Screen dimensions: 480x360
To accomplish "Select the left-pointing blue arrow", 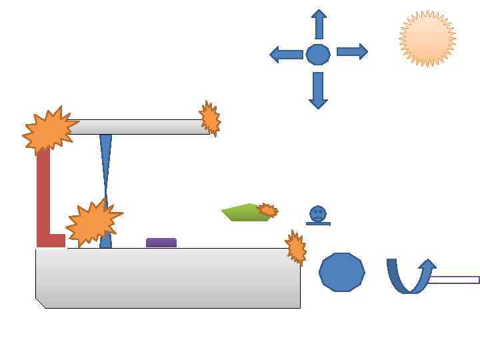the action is pyautogui.click(x=286, y=55).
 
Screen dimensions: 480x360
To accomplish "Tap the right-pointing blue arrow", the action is pyautogui.click(x=352, y=52).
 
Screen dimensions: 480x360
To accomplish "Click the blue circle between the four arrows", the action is pyautogui.click(x=318, y=54).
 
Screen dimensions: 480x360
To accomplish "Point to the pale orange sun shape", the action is pyautogui.click(x=427, y=39).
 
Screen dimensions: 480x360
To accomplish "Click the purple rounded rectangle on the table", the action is pyautogui.click(x=161, y=243).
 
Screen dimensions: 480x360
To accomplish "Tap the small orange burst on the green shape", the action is pyautogui.click(x=267, y=211).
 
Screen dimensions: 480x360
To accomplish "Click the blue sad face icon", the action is pyautogui.click(x=318, y=215).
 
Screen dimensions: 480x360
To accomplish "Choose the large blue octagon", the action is pyautogui.click(x=342, y=272).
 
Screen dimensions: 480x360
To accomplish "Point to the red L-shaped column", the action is pyautogui.click(x=43, y=200).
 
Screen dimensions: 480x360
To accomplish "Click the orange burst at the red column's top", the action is pyautogui.click(x=48, y=131).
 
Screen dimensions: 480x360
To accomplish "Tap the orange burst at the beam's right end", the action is pyautogui.click(x=211, y=119).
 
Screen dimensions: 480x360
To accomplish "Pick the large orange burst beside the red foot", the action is pyautogui.click(x=93, y=222).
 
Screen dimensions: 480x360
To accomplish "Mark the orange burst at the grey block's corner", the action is pyautogui.click(x=295, y=247).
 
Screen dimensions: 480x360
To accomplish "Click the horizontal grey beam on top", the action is pyautogui.click(x=140, y=127).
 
